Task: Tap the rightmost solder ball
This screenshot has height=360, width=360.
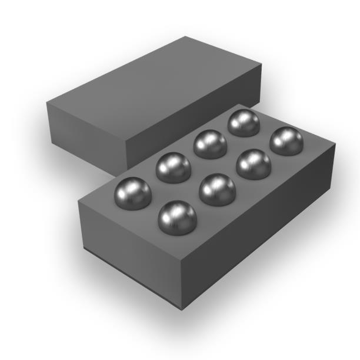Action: (286, 141)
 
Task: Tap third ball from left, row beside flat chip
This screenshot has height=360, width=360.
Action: (210, 144)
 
